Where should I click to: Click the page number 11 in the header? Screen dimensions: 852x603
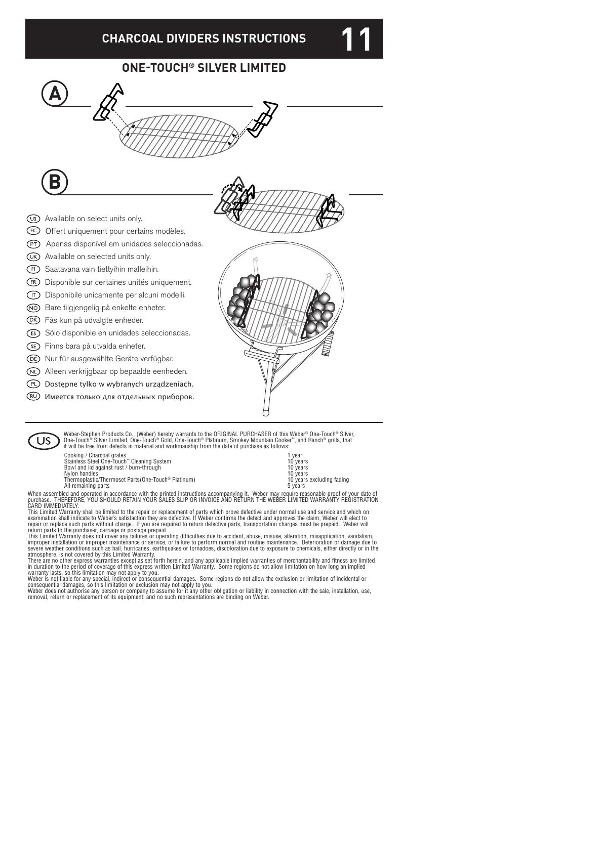pyautogui.click(x=356, y=39)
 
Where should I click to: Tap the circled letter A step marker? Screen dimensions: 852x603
pyautogui.click(x=55, y=94)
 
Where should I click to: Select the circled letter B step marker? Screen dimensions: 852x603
pyautogui.click(x=55, y=182)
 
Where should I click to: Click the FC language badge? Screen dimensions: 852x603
pyautogui.click(x=33, y=231)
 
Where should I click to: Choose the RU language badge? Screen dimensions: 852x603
pyautogui.click(x=33, y=396)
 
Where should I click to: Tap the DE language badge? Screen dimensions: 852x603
pyautogui.click(x=33, y=358)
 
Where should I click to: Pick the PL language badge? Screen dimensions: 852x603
pyautogui.click(x=33, y=384)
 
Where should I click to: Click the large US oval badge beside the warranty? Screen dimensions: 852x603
pyautogui.click(x=44, y=441)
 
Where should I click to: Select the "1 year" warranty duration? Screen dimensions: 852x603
pyautogui.click(x=295, y=455)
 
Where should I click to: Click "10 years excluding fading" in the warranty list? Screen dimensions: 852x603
pyautogui.click(x=318, y=480)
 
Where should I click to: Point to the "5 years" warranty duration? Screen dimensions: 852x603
pyautogui.click(x=296, y=486)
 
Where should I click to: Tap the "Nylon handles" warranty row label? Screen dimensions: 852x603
pyautogui.click(x=81, y=474)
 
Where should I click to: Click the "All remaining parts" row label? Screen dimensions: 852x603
pyautogui.click(x=87, y=486)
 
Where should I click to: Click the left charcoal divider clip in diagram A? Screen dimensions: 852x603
pyautogui.click(x=108, y=103)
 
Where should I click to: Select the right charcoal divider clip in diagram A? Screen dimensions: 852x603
pyautogui.click(x=263, y=119)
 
